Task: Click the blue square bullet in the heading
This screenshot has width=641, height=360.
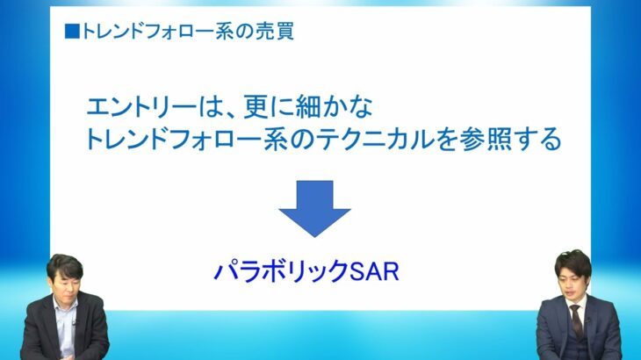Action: [72, 32]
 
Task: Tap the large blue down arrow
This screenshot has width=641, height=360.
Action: [314, 208]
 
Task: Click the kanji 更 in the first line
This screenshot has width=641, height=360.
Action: [256, 106]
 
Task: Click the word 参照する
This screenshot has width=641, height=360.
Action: [511, 140]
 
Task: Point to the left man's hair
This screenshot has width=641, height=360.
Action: [65, 265]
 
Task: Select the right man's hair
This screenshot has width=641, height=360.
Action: [573, 263]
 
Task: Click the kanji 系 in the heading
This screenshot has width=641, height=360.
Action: [225, 32]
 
